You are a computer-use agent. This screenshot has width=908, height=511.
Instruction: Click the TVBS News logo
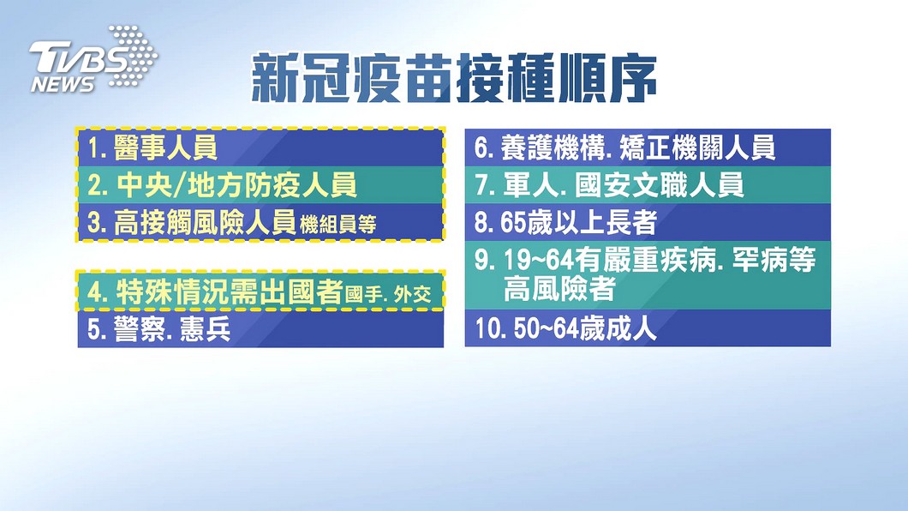(93, 59)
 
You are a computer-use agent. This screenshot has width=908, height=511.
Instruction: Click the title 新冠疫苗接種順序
(455, 79)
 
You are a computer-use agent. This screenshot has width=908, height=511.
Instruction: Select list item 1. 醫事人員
(152, 147)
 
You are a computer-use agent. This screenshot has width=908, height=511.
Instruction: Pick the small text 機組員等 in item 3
(338, 225)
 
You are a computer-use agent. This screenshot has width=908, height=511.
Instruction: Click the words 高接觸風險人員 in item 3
(205, 222)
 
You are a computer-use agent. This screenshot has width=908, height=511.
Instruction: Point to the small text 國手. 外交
(389, 294)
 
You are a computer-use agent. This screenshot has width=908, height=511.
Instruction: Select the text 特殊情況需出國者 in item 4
(230, 292)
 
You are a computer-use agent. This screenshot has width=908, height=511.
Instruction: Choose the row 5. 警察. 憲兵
(158, 328)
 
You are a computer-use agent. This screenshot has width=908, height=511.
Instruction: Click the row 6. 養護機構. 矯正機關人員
(624, 147)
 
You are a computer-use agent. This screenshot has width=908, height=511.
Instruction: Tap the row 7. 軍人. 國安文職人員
(609, 185)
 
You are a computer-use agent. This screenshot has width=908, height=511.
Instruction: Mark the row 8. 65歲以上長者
(565, 222)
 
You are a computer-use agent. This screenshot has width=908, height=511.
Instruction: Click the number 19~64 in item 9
(539, 260)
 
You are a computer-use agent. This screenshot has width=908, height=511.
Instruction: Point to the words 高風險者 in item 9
(559, 289)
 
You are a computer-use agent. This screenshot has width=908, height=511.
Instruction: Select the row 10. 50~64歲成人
(565, 328)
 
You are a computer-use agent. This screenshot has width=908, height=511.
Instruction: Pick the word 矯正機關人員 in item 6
(697, 147)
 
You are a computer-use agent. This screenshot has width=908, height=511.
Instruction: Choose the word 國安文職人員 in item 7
(660, 185)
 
